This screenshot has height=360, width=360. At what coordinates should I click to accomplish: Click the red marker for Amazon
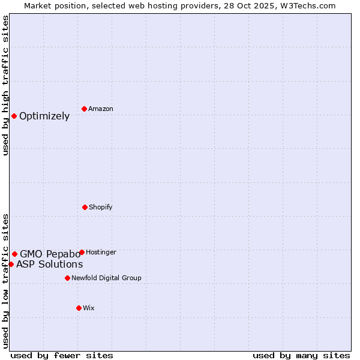pyautogui.click(x=84, y=109)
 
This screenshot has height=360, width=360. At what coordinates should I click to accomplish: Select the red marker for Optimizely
pyautogui.click(x=14, y=116)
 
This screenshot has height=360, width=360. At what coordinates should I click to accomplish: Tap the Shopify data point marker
pyautogui.click(x=85, y=207)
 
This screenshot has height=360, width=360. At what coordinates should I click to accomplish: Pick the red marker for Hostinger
pyautogui.click(x=82, y=252)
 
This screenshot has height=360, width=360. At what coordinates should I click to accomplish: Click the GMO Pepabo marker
pyautogui.click(x=14, y=254)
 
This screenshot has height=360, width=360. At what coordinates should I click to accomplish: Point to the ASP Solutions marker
pyautogui.click(x=11, y=264)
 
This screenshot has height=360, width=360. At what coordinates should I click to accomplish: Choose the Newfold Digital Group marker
pyautogui.click(x=67, y=278)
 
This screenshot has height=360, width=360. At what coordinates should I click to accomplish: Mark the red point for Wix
pyautogui.click(x=79, y=308)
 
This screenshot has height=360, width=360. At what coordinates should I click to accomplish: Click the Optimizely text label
pyautogui.click(x=44, y=116)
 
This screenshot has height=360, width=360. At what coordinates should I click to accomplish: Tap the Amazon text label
pyautogui.click(x=101, y=109)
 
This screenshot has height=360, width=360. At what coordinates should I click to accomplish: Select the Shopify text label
pyautogui.click(x=101, y=208)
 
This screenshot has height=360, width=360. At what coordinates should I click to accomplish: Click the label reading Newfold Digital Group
pyautogui.click(x=106, y=278)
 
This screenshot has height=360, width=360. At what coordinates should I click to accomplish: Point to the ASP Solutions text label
pyautogui.click(x=50, y=265)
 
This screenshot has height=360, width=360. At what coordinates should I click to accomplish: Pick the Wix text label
pyautogui.click(x=89, y=308)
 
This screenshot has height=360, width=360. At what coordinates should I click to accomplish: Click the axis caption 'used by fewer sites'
pyautogui.click(x=62, y=355)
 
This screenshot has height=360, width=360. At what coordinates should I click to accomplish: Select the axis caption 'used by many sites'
pyautogui.click(x=301, y=355)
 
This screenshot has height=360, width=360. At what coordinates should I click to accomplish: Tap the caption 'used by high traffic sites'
pyautogui.click(x=5, y=85)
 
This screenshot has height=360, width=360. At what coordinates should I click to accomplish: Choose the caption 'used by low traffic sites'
pyautogui.click(x=5, y=280)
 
